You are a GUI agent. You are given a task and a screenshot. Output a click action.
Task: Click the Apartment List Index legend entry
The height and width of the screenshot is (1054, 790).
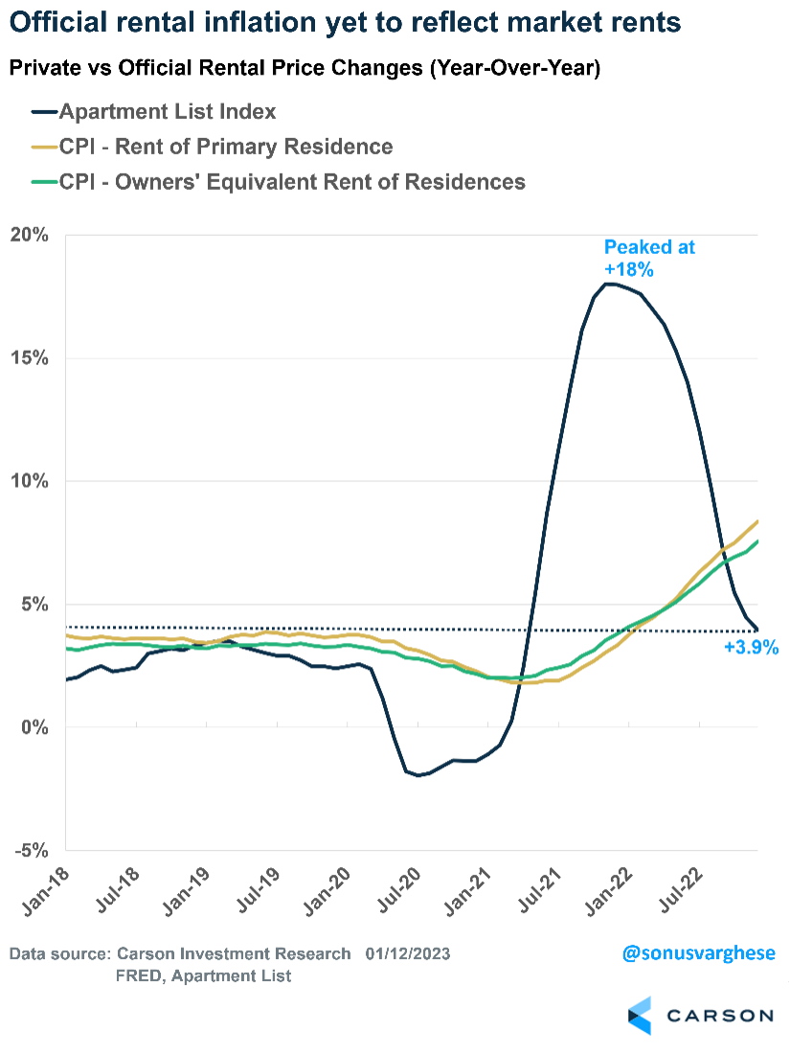tap(168, 111)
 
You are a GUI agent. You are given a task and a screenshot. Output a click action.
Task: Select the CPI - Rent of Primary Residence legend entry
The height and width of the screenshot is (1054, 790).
tap(226, 147)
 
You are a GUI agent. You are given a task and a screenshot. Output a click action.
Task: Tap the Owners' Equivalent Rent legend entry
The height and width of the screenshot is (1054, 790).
tap(292, 181)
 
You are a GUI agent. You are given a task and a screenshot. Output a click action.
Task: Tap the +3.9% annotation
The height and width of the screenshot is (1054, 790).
tap(751, 648)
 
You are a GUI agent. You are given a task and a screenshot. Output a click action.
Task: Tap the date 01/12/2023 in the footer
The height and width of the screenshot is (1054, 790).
tap(407, 954)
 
